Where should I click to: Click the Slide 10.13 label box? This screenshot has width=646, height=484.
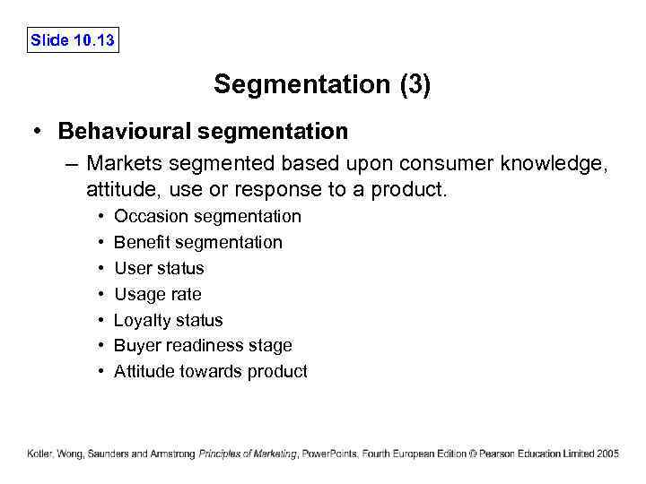click(73, 40)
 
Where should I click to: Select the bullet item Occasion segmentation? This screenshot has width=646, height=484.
click(207, 216)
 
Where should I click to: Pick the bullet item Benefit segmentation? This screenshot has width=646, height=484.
click(197, 242)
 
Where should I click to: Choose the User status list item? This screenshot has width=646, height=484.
click(159, 268)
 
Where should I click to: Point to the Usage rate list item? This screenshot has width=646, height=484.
click(157, 294)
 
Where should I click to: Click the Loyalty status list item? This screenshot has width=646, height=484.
click(168, 320)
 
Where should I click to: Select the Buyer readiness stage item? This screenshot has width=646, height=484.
click(203, 345)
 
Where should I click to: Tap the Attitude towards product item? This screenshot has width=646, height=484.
click(210, 371)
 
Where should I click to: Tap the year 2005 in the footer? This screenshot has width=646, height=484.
click(607, 454)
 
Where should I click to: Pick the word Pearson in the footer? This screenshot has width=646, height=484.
click(504, 454)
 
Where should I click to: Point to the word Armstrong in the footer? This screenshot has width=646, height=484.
click(173, 454)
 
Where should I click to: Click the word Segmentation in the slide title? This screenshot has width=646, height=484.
click(301, 85)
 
